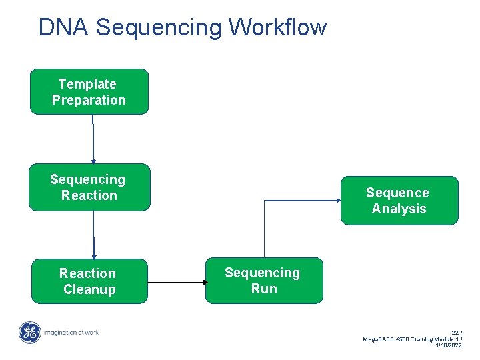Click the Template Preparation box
89,92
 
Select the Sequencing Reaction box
89,187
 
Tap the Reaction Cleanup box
89,281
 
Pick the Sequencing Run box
263,281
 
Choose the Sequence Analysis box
399,201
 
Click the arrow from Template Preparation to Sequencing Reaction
93,139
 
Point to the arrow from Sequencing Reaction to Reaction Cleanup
93,235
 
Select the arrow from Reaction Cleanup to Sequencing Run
177,282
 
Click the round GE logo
29,333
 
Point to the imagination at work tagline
71,332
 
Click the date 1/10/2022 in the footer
448,345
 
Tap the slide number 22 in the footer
455,332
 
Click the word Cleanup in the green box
89,289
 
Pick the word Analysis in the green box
399,209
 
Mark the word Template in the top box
87,84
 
